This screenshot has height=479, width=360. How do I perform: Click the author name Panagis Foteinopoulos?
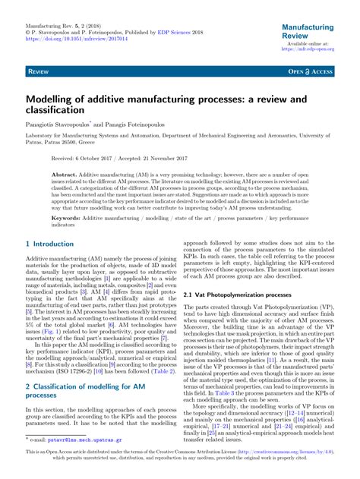coord(152,124)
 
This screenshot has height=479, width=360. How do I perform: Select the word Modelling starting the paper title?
coord(55,99)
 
